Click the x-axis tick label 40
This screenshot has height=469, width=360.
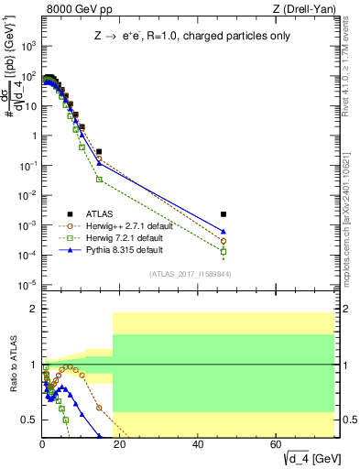pos(199,443)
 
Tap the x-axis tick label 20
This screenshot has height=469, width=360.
pos(121,443)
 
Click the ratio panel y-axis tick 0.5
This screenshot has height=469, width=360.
pos(29,420)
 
